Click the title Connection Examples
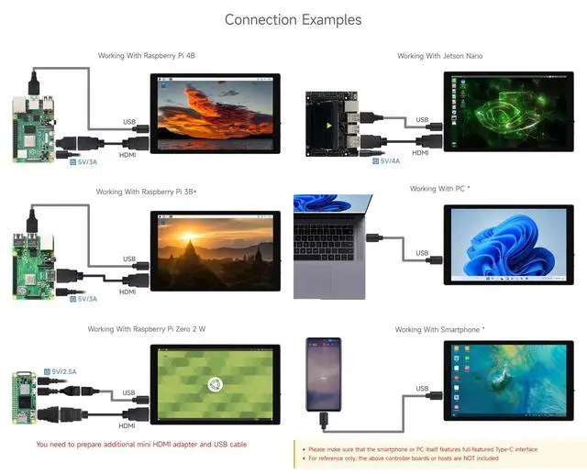293,19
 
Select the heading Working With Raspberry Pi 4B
147,56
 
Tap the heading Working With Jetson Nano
439,56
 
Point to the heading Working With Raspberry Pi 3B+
147,192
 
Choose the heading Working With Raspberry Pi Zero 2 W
147,329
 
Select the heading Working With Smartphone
439,329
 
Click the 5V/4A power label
391,160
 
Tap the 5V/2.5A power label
64,371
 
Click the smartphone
323,375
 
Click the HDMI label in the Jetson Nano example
421,152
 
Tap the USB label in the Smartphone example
422,389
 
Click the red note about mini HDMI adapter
141,444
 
